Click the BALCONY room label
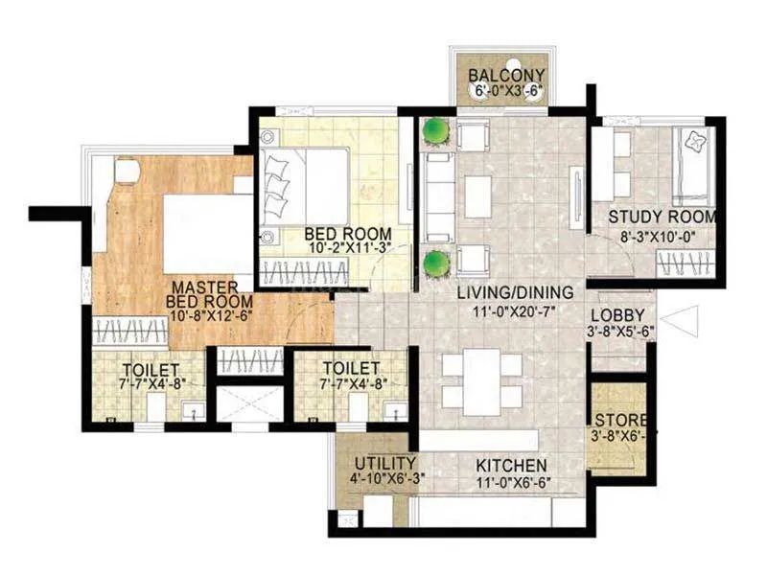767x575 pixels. pyautogui.click(x=506, y=77)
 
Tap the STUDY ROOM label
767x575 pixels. pyautogui.click(x=662, y=217)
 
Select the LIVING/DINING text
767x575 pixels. pyautogui.click(x=515, y=292)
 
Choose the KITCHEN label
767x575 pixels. pyautogui.click(x=512, y=465)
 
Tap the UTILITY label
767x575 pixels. pyautogui.click(x=384, y=461)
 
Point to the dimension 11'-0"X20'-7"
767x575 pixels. pyautogui.click(x=515, y=310)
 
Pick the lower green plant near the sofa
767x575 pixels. pyautogui.click(x=436, y=260)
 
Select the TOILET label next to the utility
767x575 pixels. pyautogui.click(x=350, y=368)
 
